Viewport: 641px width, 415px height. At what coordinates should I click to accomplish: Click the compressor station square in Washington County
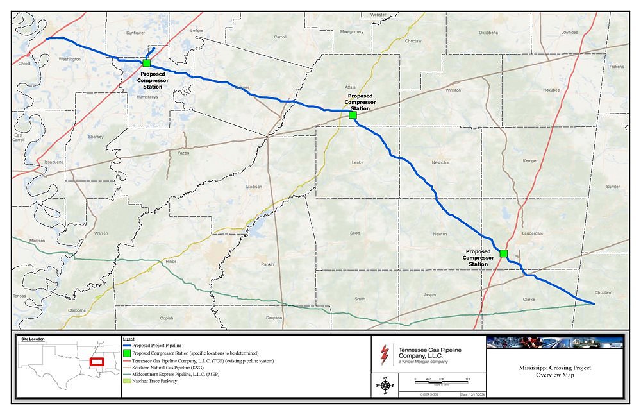tap(147, 64)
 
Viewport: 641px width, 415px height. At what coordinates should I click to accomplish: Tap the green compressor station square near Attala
tap(353, 115)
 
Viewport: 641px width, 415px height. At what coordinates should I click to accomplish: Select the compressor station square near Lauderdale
tap(503, 253)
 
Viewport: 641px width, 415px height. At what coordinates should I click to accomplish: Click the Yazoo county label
tap(184, 154)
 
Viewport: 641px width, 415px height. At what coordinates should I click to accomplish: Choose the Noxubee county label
tap(551, 90)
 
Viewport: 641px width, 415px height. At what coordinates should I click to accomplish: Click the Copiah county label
tap(167, 318)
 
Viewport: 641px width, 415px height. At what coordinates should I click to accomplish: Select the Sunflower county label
tap(136, 32)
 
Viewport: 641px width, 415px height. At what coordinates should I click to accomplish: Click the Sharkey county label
tap(96, 137)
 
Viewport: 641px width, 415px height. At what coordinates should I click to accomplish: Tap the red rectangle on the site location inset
tap(97, 362)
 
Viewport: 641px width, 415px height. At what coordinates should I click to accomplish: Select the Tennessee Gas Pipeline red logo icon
tap(385, 353)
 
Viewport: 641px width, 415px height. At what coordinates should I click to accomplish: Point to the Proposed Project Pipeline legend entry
tap(160, 346)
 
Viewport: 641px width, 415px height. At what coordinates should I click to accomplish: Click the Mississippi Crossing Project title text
tap(555, 371)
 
